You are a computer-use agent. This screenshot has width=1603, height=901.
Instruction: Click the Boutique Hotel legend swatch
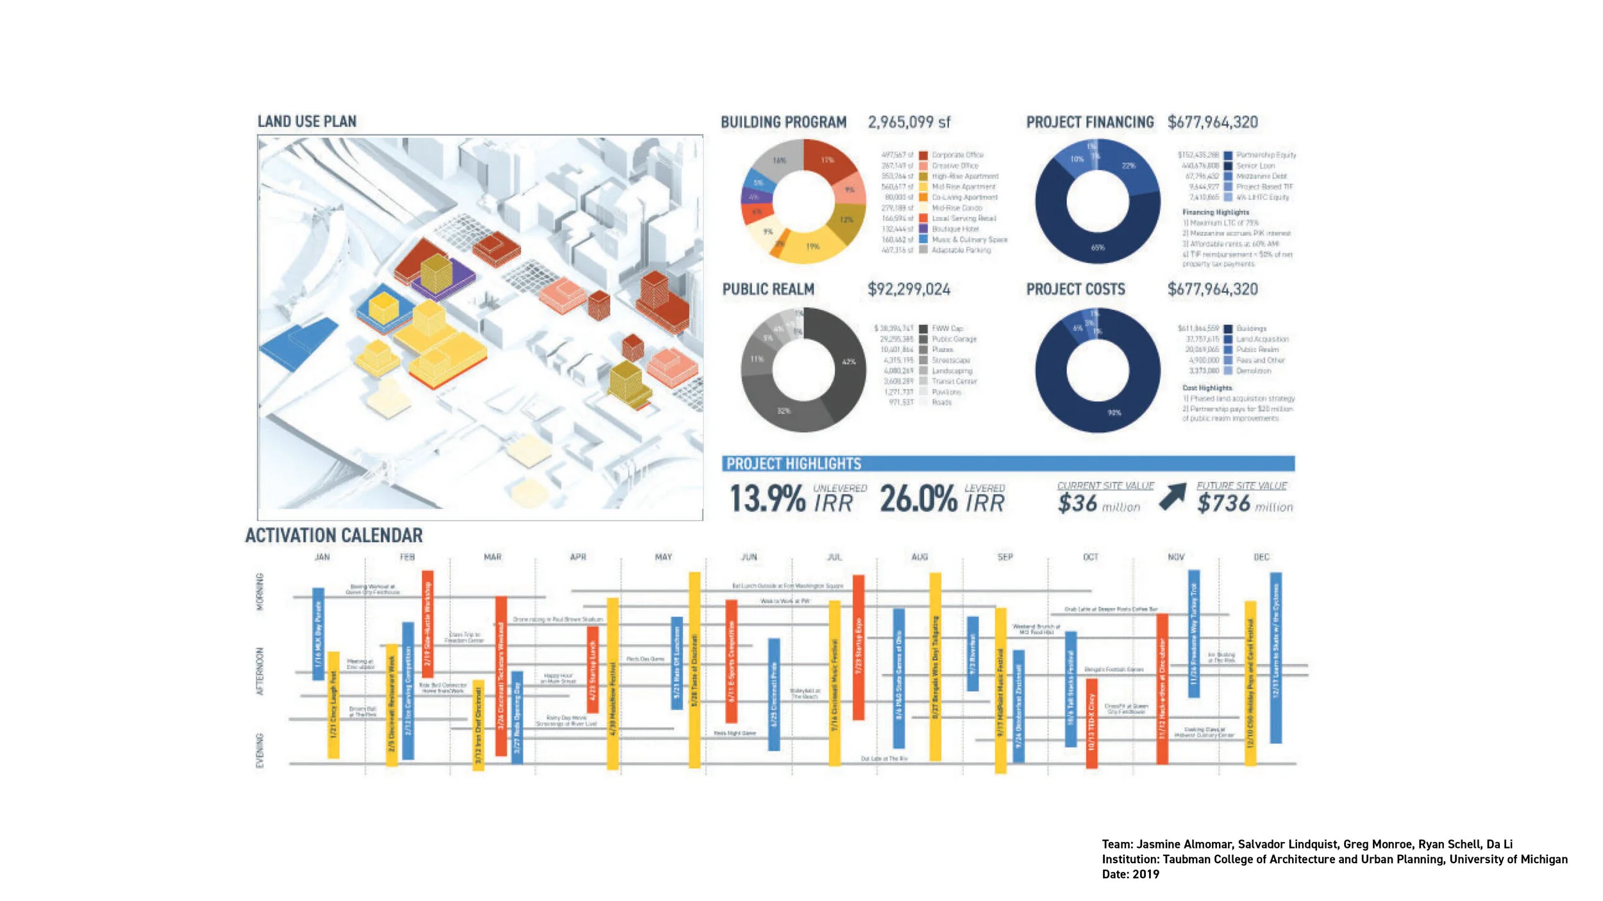[x=923, y=229]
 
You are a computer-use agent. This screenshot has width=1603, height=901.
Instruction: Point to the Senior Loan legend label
[x=1255, y=166]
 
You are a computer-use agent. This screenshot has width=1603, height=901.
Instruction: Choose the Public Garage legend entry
[x=954, y=339]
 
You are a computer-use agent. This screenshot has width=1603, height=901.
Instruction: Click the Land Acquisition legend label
[x=1262, y=339]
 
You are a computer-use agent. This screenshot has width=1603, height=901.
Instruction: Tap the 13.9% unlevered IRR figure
[x=768, y=499]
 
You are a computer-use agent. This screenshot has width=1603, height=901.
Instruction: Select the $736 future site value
[x=1223, y=504]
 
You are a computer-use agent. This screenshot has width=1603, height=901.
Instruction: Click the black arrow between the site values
[x=1173, y=497]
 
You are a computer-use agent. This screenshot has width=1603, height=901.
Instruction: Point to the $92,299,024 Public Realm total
[x=909, y=290]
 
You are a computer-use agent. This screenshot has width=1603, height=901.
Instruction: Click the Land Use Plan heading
[x=306, y=122]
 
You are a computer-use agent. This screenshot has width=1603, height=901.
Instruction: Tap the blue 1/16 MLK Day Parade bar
[x=318, y=634]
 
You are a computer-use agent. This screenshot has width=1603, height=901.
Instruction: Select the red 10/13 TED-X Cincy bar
[x=1091, y=723]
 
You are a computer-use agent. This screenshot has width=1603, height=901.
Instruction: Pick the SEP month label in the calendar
[x=1005, y=558]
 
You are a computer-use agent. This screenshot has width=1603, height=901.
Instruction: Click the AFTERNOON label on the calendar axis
[x=260, y=671]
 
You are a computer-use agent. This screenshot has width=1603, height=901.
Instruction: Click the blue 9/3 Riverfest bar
[x=973, y=654]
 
